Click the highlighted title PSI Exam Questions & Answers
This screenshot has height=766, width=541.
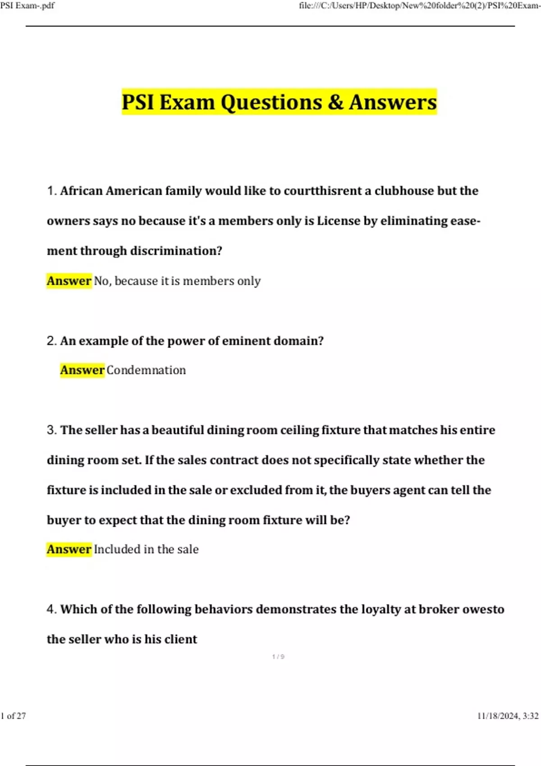[279, 102]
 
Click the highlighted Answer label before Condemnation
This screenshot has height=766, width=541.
[82, 370]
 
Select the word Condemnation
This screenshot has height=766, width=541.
[146, 370]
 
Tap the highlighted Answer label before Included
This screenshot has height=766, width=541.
[69, 549]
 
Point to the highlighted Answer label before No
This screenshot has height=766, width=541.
[69, 281]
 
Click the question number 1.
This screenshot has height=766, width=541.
[51, 191]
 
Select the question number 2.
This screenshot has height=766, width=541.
[51, 341]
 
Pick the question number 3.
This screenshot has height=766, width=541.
[51, 430]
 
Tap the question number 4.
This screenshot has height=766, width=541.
[51, 610]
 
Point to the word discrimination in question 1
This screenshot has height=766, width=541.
[173, 251]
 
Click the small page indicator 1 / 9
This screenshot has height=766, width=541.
[278, 657]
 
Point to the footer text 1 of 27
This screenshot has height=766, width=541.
[14, 716]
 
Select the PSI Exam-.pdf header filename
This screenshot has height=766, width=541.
[28, 6]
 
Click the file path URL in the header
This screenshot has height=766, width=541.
[419, 6]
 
